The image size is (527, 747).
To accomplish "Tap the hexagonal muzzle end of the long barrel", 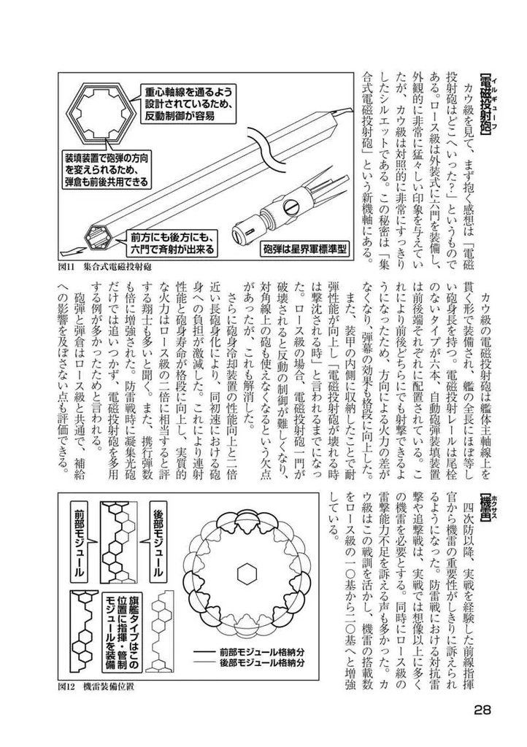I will point(98,233).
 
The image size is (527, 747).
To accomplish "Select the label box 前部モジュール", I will point(80,538).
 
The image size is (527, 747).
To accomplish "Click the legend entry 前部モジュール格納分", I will point(252,651).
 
